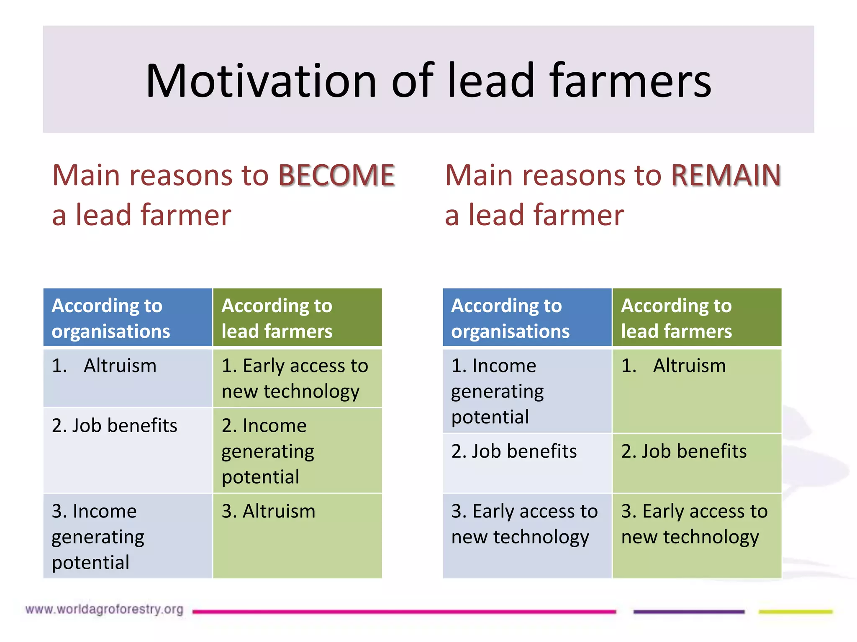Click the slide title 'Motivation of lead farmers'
tap(428, 80)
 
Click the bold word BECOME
tap(336, 175)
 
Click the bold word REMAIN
tap(726, 175)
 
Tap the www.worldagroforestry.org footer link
tap(104, 609)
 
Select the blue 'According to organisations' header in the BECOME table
tap(128, 318)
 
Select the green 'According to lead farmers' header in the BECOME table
tap(297, 318)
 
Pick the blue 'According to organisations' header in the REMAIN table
tap(527, 318)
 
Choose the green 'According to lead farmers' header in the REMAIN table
tap(697, 318)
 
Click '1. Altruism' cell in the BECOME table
tap(128, 377)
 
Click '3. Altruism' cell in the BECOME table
tap(297, 535)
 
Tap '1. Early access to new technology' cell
tap(297, 378)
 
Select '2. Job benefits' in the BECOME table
tap(128, 450)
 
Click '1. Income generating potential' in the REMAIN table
tap(527, 391)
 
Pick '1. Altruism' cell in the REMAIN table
tap(697, 390)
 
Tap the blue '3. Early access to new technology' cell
tap(527, 535)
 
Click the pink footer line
tap(404, 611)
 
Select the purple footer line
tap(689, 611)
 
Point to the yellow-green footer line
tap(795, 611)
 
